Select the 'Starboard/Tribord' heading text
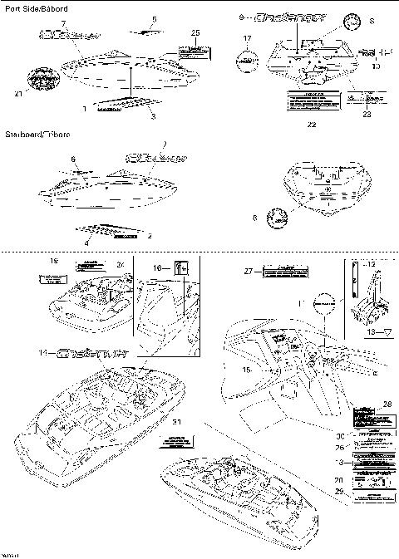[x=38, y=134]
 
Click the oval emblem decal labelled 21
[x=41, y=80]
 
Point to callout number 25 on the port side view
[x=195, y=32]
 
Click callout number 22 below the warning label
[x=311, y=125]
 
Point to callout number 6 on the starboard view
[x=73, y=159]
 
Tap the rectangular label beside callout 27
[x=284, y=271]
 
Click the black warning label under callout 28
[x=367, y=414]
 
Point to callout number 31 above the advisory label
[x=173, y=423]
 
